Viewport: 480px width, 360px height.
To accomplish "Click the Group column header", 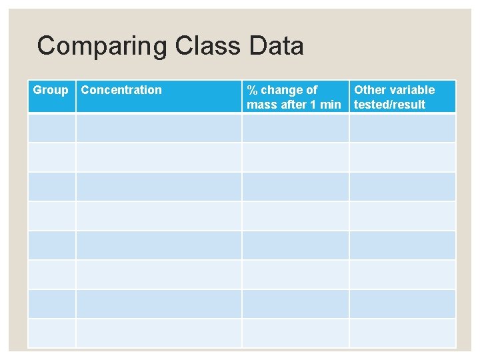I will (51, 90).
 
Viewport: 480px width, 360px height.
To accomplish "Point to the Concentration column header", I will (121, 90).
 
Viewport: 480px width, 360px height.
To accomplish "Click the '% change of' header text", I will (282, 90).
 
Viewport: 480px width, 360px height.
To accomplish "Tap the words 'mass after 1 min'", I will (294, 104).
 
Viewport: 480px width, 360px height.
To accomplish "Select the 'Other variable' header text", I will (394, 90).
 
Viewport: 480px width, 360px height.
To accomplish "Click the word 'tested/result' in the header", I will (389, 104).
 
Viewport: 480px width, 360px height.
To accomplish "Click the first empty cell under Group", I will (52, 127).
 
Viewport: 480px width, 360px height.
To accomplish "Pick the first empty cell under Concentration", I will (159, 127).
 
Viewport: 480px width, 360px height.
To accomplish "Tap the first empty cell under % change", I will (295, 127).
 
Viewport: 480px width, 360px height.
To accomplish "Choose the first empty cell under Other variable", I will (403, 127).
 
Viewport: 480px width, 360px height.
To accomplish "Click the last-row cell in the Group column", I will (52, 333).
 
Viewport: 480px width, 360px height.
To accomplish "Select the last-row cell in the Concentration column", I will (159, 333).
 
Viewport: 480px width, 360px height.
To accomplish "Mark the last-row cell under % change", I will (295, 333).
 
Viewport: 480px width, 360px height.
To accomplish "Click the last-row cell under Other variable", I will (403, 333).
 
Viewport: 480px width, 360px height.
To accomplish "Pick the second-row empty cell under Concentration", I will (159, 157).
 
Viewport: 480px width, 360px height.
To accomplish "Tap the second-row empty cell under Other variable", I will (403, 157).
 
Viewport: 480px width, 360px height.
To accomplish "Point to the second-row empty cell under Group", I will (52, 157).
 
